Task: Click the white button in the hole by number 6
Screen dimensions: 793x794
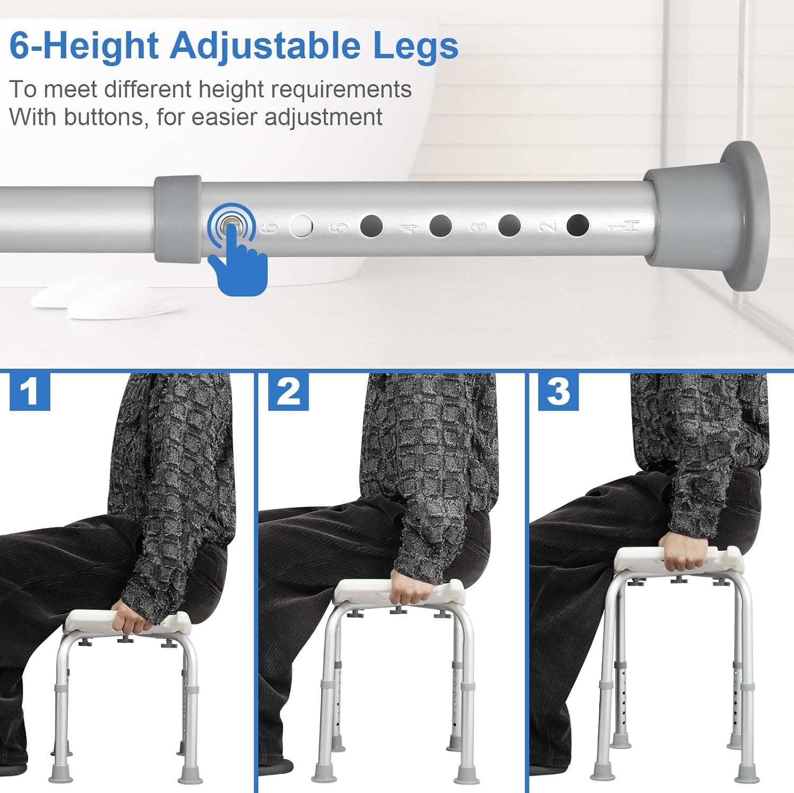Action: coord(302,226)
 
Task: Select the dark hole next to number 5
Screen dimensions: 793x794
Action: coord(371,226)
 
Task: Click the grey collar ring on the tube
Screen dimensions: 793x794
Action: coord(178,219)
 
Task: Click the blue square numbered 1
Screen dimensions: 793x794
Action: coord(30,391)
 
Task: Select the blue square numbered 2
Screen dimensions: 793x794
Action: coord(288,391)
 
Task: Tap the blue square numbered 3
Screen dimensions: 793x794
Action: coord(558,391)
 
